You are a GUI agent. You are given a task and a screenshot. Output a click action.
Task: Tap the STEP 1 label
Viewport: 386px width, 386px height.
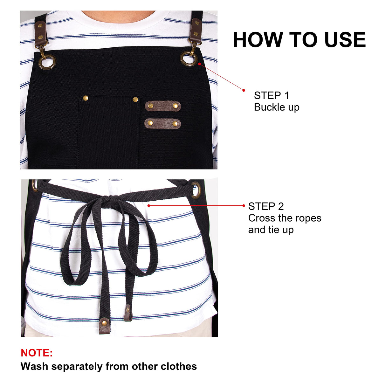272,95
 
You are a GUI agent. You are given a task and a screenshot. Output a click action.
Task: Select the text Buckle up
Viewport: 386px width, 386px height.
277,107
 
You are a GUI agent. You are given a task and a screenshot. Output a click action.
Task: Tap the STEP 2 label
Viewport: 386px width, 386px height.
266,206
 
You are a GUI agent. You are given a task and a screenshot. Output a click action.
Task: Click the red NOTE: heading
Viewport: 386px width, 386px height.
37,353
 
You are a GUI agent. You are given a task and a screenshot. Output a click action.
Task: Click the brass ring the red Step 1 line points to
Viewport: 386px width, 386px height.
189,59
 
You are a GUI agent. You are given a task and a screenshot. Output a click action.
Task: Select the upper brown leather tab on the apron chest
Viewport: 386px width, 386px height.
163,106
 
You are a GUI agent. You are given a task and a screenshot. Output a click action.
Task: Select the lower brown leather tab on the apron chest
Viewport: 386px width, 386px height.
163,123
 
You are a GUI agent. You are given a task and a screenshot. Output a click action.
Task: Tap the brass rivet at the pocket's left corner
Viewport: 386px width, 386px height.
85,98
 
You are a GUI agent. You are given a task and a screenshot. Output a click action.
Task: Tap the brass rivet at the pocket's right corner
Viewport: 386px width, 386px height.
135,100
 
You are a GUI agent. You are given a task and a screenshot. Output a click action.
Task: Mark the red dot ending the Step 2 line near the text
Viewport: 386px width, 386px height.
244,206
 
